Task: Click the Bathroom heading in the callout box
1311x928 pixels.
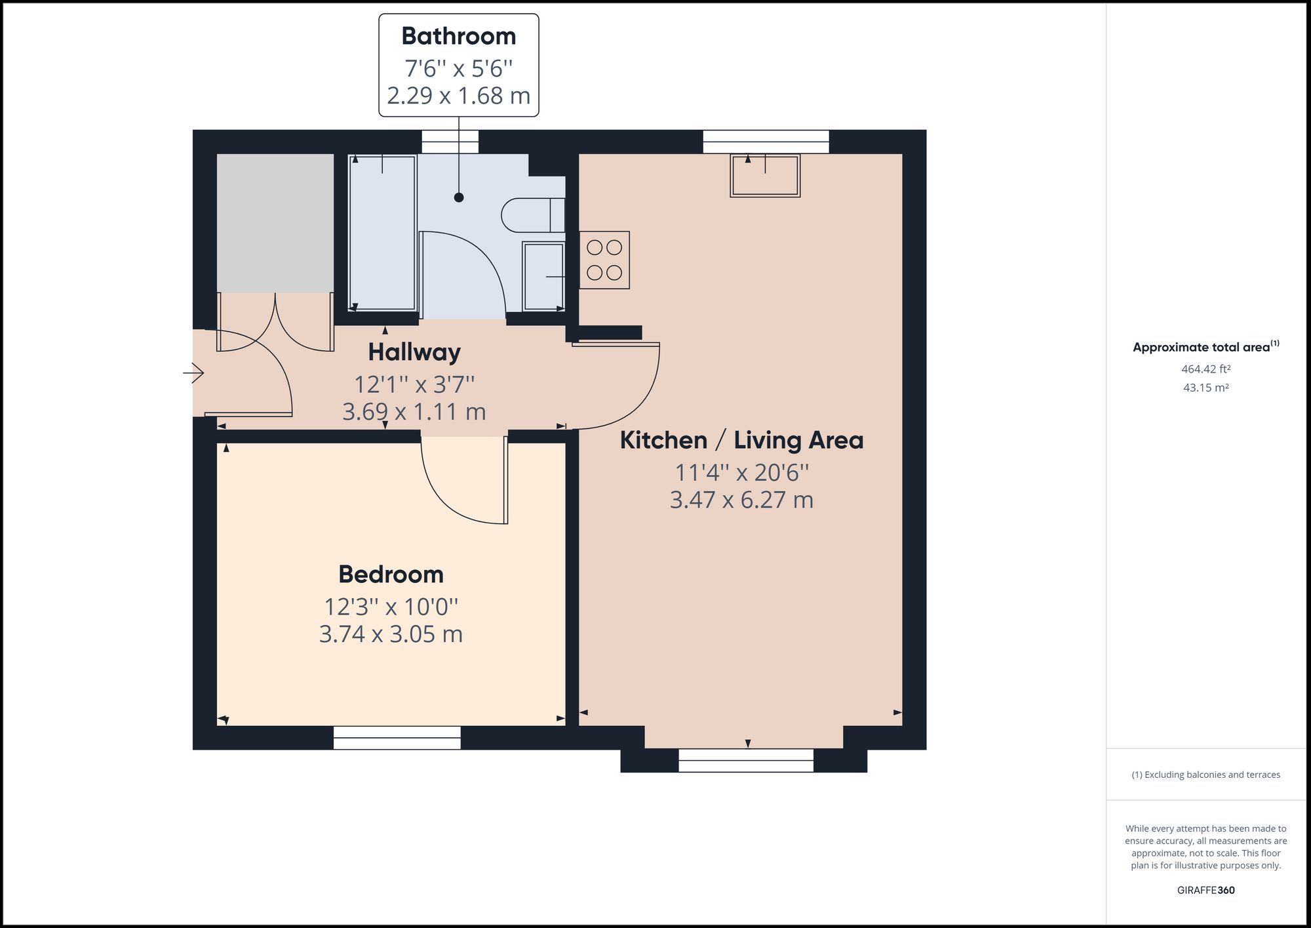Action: (458, 36)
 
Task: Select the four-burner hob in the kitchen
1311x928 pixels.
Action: (604, 260)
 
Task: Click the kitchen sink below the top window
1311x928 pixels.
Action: (765, 176)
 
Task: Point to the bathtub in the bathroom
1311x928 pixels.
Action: (382, 233)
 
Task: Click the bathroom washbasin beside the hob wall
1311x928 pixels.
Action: (543, 276)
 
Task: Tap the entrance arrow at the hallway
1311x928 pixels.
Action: (193, 373)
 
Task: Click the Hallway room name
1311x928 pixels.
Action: (414, 352)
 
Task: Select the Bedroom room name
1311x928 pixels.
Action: (391, 575)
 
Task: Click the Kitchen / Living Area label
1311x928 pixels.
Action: (741, 440)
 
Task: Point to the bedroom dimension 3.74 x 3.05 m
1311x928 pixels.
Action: (391, 634)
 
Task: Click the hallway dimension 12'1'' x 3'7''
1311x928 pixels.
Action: (414, 384)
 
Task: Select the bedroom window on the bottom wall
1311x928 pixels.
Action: (397, 738)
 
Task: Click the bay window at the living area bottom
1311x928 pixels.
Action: (746, 761)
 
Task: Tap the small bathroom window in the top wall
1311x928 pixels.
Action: (450, 142)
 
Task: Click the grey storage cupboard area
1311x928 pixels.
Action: (275, 223)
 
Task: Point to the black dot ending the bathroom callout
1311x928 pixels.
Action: (459, 197)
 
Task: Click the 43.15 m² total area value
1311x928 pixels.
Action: (1205, 388)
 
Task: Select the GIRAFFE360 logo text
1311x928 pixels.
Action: (1205, 890)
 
